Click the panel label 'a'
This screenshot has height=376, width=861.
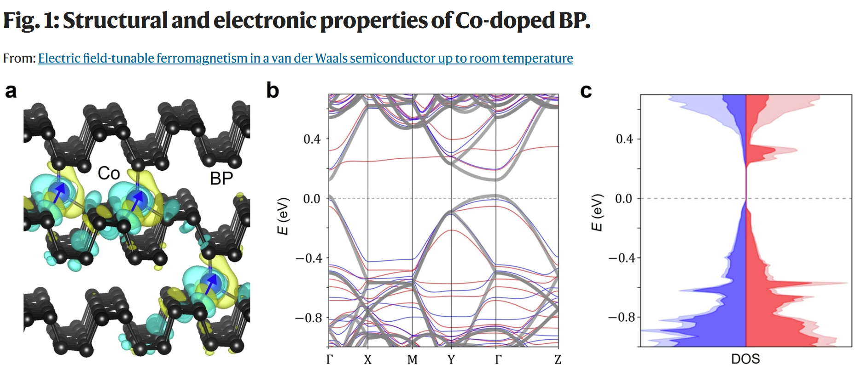(x=11, y=91)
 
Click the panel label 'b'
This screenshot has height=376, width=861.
(x=273, y=90)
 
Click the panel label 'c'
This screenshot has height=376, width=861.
(x=586, y=91)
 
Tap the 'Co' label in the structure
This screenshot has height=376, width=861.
(x=109, y=174)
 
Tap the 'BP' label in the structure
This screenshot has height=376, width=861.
(x=221, y=179)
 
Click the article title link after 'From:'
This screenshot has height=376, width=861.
(x=305, y=58)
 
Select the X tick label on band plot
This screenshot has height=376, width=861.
(x=367, y=359)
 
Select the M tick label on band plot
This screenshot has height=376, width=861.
(x=412, y=359)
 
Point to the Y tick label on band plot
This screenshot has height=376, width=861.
(x=451, y=359)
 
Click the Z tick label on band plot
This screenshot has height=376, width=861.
(x=558, y=359)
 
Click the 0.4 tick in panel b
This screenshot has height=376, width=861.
(x=312, y=139)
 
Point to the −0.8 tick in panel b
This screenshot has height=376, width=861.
(x=308, y=318)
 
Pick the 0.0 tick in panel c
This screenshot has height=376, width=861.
(x=624, y=198)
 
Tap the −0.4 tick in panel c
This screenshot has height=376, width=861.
(x=621, y=258)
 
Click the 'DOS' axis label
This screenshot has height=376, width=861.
(x=745, y=359)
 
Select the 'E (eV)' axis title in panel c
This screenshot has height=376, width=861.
(x=597, y=213)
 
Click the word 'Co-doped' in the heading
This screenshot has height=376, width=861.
(x=504, y=21)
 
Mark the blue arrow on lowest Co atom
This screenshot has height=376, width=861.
(x=211, y=284)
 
